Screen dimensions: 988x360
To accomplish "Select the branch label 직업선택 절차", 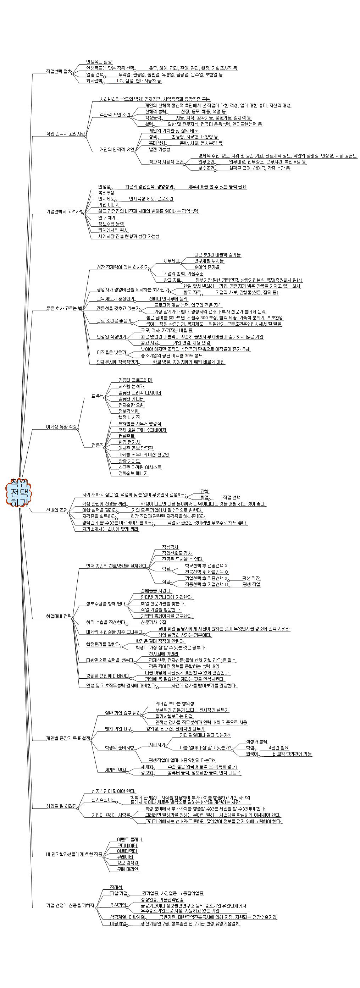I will click(x=59, y=71).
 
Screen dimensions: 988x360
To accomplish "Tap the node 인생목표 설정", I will click(x=99, y=62).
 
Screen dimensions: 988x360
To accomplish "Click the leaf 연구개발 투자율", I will click(x=209, y=261).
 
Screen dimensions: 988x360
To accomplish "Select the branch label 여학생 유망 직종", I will click(x=61, y=427).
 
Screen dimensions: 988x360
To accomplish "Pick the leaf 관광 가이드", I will click(x=129, y=461).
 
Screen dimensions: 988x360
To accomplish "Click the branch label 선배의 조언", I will click(x=57, y=510).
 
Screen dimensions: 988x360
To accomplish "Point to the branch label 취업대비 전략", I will click(x=59, y=617).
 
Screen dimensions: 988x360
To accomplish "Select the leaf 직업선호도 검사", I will click(x=177, y=553).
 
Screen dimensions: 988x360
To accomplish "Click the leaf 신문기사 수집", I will click(x=153, y=622).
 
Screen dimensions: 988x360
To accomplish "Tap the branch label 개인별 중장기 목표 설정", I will click(x=68, y=738).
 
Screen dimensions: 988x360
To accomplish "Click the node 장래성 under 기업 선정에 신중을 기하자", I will click(x=116, y=898).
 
